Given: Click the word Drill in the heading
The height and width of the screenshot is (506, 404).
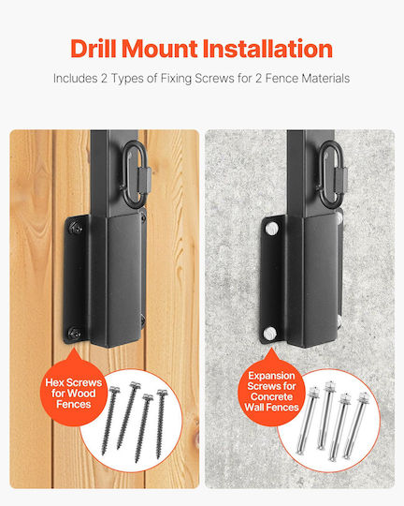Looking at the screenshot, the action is (x=94, y=49).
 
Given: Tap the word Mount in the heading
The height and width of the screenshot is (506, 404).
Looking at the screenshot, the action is (x=160, y=49).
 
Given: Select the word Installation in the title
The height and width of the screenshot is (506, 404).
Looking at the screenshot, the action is (x=267, y=49).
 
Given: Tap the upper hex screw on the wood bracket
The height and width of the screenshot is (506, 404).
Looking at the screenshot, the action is (x=76, y=227).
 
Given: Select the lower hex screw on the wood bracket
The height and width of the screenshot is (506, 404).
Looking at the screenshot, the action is (x=75, y=333).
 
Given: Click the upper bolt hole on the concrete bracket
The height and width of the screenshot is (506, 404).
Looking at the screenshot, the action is (x=271, y=229).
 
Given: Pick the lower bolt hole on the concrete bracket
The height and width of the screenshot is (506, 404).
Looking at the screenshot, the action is (x=270, y=333).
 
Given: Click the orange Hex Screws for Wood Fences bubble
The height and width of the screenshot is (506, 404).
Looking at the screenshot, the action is (x=74, y=390).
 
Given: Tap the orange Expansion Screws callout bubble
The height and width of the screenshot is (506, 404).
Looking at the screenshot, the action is (x=271, y=389).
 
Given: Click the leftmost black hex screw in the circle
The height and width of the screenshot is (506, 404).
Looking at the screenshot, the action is (x=109, y=421).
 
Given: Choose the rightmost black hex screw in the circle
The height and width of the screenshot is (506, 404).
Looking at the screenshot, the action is (x=160, y=424).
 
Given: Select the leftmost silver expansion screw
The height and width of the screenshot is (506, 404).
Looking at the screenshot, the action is (x=307, y=420).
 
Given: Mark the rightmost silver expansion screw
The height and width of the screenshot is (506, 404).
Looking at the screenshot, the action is (x=356, y=425).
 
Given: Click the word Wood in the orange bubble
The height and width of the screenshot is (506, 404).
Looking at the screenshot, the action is (x=82, y=394).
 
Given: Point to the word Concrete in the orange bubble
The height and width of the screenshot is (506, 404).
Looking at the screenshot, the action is (x=271, y=396).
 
